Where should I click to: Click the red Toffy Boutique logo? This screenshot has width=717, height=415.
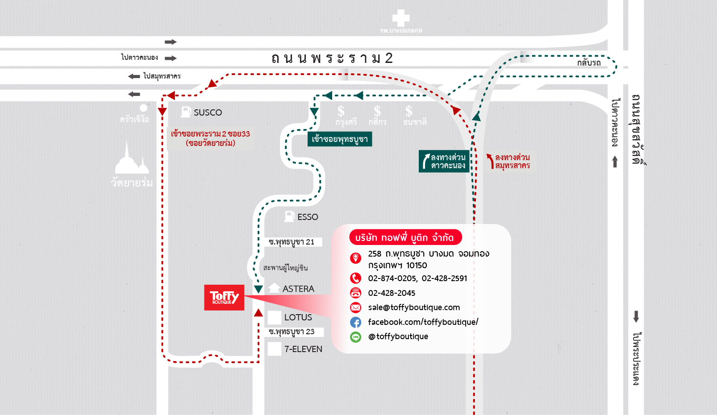tap(224, 297)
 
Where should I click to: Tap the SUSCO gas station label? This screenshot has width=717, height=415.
tap(208, 112)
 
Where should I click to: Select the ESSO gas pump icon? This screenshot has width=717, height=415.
tap(289, 216)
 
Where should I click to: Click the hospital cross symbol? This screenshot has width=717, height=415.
tap(400, 18)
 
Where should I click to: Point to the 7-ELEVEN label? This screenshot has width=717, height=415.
tap(303, 349)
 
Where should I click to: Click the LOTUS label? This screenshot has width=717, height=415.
tap(298, 317)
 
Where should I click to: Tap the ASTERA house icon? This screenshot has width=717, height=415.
tap(274, 288)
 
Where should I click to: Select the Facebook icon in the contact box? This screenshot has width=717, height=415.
tap(355, 322)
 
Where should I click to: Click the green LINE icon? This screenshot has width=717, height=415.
tap(355, 337)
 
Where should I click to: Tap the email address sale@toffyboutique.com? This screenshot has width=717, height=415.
tap(414, 307)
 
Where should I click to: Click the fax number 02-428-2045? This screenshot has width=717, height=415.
tap(392, 293)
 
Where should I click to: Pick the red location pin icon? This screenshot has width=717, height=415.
tap(355, 258)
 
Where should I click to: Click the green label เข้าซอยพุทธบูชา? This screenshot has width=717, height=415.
tap(340, 139)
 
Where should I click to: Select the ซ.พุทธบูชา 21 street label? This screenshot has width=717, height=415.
tap(292, 242)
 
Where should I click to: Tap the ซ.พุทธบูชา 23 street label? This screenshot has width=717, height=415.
tap(292, 332)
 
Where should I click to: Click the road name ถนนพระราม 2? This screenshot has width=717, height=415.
tap(332, 58)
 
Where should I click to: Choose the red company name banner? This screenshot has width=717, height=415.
tap(404, 237)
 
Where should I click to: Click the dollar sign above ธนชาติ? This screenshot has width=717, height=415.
tap(409, 111)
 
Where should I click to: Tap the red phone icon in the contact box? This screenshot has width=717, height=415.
tap(355, 278)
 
